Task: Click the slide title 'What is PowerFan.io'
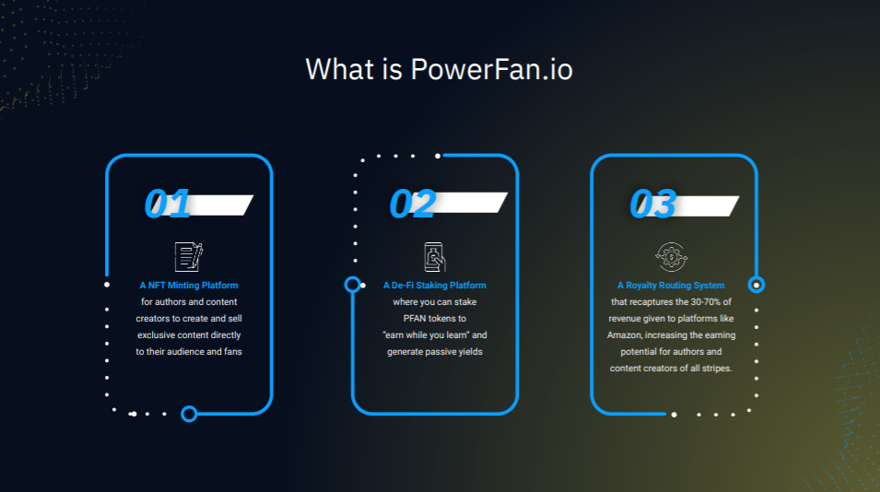[439, 69]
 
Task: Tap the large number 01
[167, 204]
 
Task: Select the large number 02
[411, 204]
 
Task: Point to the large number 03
[652, 204]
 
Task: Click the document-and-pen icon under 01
[188, 256]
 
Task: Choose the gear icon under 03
[670, 256]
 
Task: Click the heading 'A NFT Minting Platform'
[189, 286]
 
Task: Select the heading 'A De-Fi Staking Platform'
[435, 286]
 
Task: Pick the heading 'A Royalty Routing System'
[671, 286]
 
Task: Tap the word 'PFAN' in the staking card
[417, 319]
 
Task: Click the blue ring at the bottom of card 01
[189, 414]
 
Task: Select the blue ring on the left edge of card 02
[352, 285]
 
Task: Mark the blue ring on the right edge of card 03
[757, 285]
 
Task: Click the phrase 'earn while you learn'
[428, 335]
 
